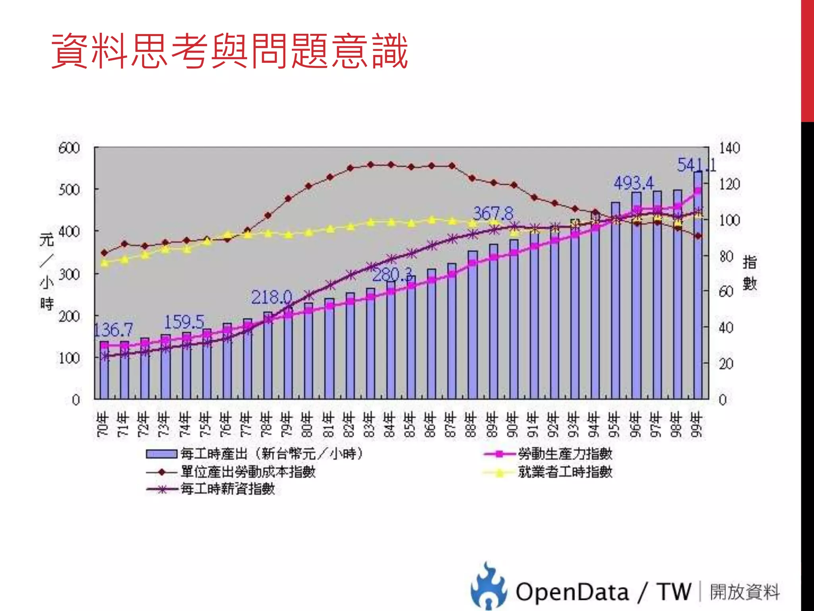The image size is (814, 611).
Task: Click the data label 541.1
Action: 696,165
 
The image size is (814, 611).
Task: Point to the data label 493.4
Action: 633,183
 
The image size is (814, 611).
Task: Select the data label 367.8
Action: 493,214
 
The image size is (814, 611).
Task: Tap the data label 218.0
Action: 271,297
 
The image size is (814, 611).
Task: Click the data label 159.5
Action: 184,322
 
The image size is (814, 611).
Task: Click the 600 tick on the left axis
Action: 69,148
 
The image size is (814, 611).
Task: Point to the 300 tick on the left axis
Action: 69,274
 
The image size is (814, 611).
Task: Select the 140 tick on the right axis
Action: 729,148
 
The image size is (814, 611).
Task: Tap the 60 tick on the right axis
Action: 726,292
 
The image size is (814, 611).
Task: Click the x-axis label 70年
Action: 103,424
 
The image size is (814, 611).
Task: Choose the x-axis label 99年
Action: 696,424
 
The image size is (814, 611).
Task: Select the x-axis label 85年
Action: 409,424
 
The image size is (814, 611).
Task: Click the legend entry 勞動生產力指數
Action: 564,453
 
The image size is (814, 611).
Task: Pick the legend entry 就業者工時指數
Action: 564,472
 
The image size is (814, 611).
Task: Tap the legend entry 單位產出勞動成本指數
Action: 248,472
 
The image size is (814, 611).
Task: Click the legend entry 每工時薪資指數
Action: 228,489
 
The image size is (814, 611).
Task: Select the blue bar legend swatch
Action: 161,454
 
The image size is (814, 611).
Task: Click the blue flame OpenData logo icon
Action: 488,587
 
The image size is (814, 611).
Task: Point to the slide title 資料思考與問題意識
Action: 229,51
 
